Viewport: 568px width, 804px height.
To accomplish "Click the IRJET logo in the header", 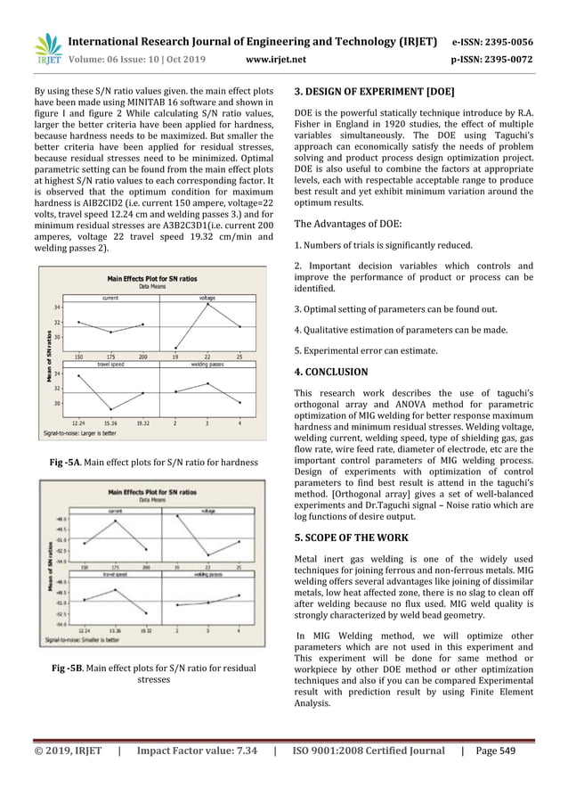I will (46, 49).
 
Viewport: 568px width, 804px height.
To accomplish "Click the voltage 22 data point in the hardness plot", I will (208, 304).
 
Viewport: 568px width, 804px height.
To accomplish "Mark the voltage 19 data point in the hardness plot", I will (174, 348).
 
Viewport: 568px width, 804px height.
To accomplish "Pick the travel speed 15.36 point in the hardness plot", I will (110, 409).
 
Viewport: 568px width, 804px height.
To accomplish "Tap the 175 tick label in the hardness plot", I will (110, 356).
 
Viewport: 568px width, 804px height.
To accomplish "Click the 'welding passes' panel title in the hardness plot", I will (207, 365).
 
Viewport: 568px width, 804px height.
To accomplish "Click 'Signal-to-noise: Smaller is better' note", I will (83, 640).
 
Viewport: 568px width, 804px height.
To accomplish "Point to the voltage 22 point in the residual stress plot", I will (207, 555).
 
